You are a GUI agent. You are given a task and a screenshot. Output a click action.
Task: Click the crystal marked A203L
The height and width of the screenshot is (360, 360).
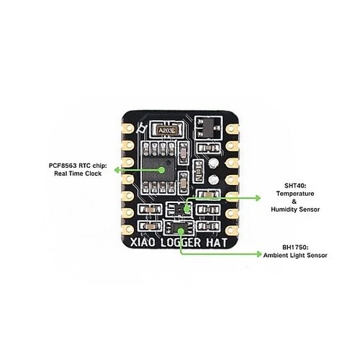pyautogui.click(x=166, y=130)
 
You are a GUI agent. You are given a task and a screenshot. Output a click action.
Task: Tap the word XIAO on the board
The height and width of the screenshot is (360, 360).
pyautogui.click(x=143, y=243)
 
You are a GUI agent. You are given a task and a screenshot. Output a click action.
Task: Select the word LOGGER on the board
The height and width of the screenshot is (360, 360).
pyautogui.click(x=181, y=243)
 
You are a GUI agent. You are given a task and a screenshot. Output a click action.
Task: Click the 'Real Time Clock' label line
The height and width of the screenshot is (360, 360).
pyautogui.click(x=78, y=174)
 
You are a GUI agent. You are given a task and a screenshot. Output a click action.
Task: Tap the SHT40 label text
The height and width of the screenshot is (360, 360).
pyautogui.click(x=295, y=186)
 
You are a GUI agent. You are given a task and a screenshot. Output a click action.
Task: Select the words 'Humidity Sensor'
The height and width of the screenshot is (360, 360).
pyautogui.click(x=295, y=210)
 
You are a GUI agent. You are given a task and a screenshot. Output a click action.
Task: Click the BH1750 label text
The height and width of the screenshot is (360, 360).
pyautogui.click(x=295, y=247)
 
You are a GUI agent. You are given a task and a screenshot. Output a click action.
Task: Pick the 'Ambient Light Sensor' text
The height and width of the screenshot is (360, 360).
pyautogui.click(x=295, y=255)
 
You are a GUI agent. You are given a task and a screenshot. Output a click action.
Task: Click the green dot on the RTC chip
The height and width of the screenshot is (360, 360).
pyautogui.click(x=162, y=170)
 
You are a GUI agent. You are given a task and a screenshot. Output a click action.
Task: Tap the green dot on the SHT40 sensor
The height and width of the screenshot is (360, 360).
pyautogui.click(x=186, y=209)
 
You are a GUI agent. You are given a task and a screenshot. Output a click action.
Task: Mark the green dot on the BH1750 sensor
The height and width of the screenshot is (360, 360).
pyautogui.click(x=181, y=231)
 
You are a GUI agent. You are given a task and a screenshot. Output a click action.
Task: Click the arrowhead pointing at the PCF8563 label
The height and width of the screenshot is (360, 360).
pyautogui.click(x=117, y=170)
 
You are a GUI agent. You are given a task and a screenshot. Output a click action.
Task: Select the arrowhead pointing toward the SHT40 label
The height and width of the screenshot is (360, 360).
pyautogui.click(x=258, y=198)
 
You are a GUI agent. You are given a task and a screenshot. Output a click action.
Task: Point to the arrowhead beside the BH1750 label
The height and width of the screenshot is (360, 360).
pyautogui.click(x=259, y=254)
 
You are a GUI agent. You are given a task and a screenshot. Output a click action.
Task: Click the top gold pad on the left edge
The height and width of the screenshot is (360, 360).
pyautogui.click(x=128, y=128)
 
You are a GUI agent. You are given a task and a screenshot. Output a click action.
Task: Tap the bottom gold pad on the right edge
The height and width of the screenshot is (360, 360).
pyautogui.click(x=232, y=230)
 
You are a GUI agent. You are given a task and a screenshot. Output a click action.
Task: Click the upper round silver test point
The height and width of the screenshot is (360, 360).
pyautogui.click(x=213, y=163)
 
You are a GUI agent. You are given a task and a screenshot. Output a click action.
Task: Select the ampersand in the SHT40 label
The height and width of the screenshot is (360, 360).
pyautogui.click(x=294, y=202)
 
